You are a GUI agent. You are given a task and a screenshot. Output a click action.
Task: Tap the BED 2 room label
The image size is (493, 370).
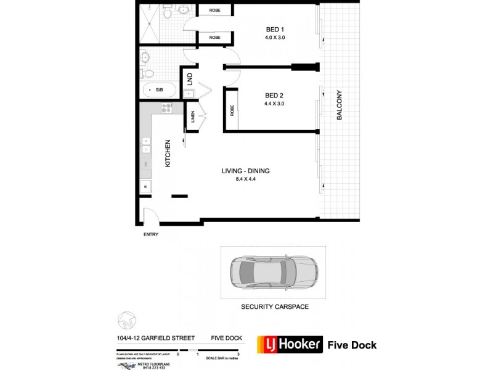pos(274,96)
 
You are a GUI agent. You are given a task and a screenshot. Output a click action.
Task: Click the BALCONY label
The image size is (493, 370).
pos(338,106)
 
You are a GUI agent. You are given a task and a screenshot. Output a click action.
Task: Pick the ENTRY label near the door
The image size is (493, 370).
pos(150,234)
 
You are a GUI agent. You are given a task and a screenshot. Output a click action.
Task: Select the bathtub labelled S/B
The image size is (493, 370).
pos(159,91)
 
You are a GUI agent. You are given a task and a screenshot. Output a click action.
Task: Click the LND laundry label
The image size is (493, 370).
pos(190,80)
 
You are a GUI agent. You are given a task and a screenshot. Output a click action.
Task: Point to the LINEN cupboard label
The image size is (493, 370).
pos(193,117)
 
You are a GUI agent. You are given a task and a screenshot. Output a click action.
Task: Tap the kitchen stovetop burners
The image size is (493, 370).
pos(166,109)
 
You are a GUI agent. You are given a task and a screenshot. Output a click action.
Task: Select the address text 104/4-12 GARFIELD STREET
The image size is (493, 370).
pos(156,338)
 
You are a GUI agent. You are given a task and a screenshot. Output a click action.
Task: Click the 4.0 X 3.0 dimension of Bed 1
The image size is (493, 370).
pos(274,38)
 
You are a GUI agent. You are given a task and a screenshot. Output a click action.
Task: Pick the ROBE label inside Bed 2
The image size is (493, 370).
pos(232,110)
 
